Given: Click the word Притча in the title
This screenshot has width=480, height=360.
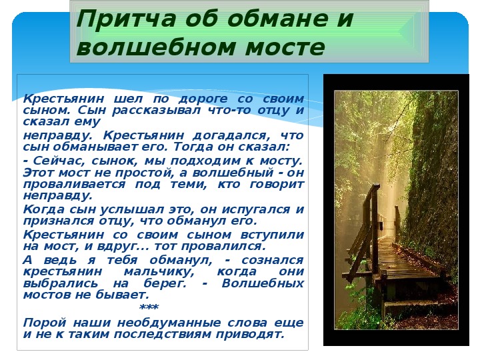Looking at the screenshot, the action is pos(126,19).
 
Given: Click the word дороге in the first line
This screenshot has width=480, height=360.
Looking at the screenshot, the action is pos(203,99).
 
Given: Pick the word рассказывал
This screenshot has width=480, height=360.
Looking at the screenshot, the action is pos(156,110).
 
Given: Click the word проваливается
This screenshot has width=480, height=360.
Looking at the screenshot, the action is pos(75,184).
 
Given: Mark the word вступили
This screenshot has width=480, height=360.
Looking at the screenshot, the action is pos(272,235).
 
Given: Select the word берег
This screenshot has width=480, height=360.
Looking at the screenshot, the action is pos(165,283).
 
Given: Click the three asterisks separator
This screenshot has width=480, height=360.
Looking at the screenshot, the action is pos(149,307).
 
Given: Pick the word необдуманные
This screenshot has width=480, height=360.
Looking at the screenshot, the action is pos(169,323).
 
